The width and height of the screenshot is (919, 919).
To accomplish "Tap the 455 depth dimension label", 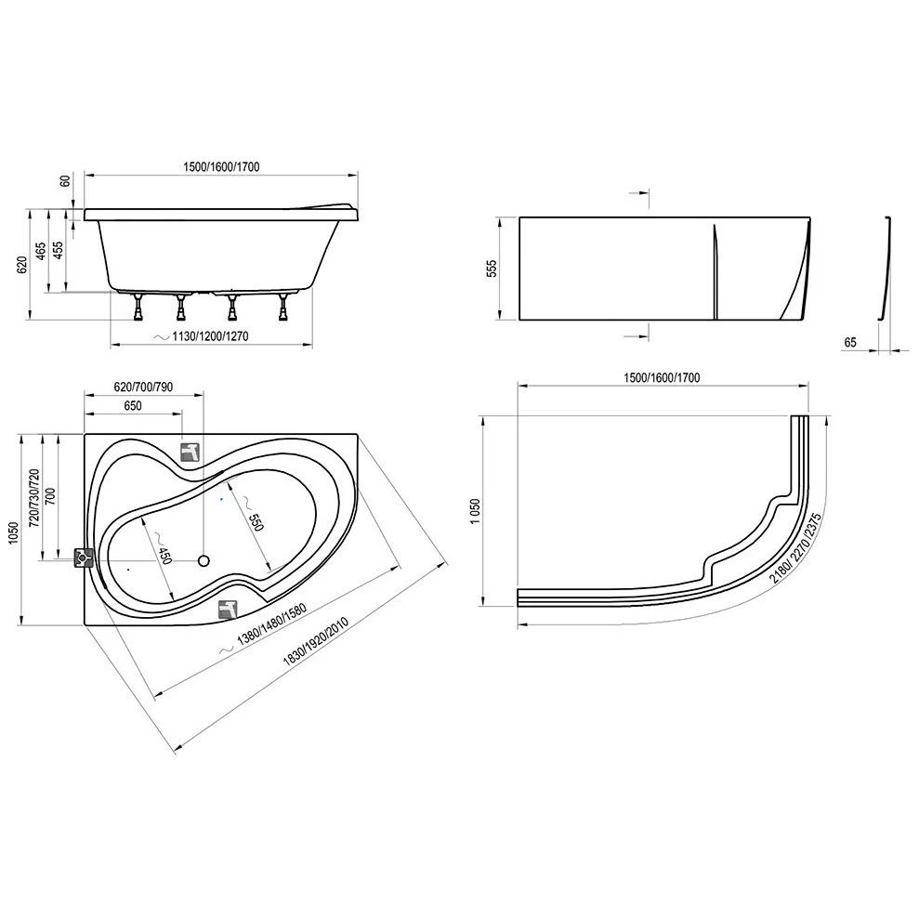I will pos(58,250).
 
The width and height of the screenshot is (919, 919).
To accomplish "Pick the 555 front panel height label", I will pos(493,269).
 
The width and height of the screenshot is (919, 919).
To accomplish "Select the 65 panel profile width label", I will pos(850,342).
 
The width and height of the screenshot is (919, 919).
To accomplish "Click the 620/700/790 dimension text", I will pos(141,387).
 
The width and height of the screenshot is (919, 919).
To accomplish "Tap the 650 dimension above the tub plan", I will pos(132,406).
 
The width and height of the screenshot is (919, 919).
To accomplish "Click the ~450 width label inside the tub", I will pos(164,555).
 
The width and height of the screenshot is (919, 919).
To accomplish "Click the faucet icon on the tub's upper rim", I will pos(191,452).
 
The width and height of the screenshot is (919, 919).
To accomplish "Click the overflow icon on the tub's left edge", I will pos(85,557).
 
